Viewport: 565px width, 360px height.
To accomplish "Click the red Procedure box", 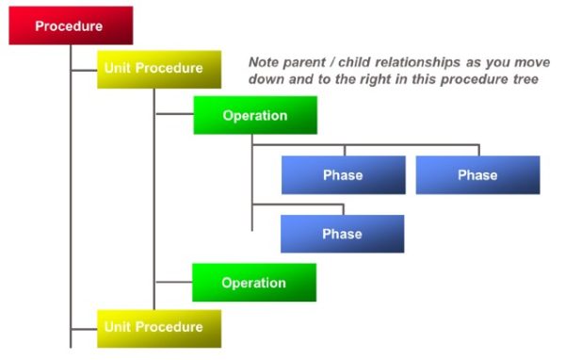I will [x=71, y=25].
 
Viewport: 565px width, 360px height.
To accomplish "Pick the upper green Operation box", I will [x=254, y=115].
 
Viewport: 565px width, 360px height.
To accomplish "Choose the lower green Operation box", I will [x=253, y=283].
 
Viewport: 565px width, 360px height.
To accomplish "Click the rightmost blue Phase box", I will [x=477, y=175].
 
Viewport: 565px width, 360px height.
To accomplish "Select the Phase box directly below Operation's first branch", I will [x=343, y=175].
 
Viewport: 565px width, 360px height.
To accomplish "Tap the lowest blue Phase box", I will [x=342, y=234].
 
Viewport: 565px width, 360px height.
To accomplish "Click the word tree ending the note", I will [x=525, y=80].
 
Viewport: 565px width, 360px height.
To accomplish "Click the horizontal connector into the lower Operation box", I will [x=173, y=282].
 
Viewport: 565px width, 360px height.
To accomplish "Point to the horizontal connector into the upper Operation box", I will [x=174, y=115].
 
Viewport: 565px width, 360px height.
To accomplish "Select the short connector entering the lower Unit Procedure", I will [x=84, y=328].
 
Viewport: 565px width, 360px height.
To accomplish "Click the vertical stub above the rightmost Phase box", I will [x=478, y=150].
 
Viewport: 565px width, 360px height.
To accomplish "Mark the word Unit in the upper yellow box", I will [x=119, y=69].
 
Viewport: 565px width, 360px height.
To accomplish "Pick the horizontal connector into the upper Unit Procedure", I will [x=84, y=69].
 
